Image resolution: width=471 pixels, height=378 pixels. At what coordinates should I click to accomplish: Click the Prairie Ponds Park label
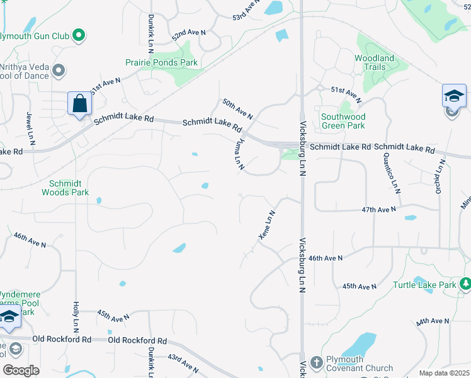[x=161, y=62]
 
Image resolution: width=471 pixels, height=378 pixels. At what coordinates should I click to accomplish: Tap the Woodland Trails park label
[x=374, y=62]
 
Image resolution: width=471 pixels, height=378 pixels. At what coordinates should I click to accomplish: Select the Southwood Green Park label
[x=343, y=121]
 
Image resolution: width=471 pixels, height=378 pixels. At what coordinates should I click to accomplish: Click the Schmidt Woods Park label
[x=65, y=188]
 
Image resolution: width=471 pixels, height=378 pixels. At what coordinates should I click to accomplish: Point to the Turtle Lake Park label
[x=423, y=285]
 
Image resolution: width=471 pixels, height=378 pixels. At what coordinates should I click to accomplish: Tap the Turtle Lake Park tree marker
[x=465, y=284]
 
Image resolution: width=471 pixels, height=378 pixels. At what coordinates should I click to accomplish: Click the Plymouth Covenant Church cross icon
[x=315, y=362]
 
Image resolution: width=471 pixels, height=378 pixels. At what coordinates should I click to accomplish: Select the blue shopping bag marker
[x=80, y=103]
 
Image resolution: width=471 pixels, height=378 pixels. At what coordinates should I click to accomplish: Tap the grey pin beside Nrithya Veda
[x=59, y=71]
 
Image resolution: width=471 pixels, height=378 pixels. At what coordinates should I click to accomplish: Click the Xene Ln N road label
[x=267, y=225]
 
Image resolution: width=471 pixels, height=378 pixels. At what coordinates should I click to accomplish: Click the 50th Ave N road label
[x=237, y=109]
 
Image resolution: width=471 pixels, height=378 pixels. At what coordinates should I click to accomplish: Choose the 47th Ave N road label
[x=378, y=209]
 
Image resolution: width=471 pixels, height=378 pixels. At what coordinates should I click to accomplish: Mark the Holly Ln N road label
[x=76, y=317]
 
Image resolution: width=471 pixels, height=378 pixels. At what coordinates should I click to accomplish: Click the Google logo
[x=21, y=370]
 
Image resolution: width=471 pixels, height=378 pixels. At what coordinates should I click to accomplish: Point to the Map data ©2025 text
[x=444, y=373]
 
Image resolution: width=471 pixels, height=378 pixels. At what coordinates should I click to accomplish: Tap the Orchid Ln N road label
[x=440, y=177]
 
